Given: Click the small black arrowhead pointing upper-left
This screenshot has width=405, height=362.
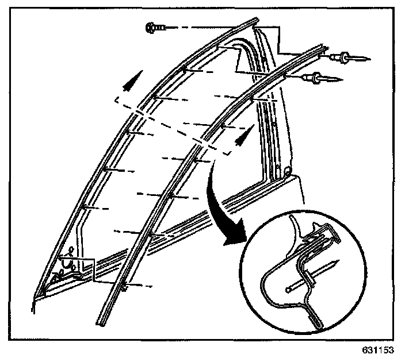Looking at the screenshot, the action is point(132,79).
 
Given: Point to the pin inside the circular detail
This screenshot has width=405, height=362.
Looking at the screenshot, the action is point(311,275).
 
